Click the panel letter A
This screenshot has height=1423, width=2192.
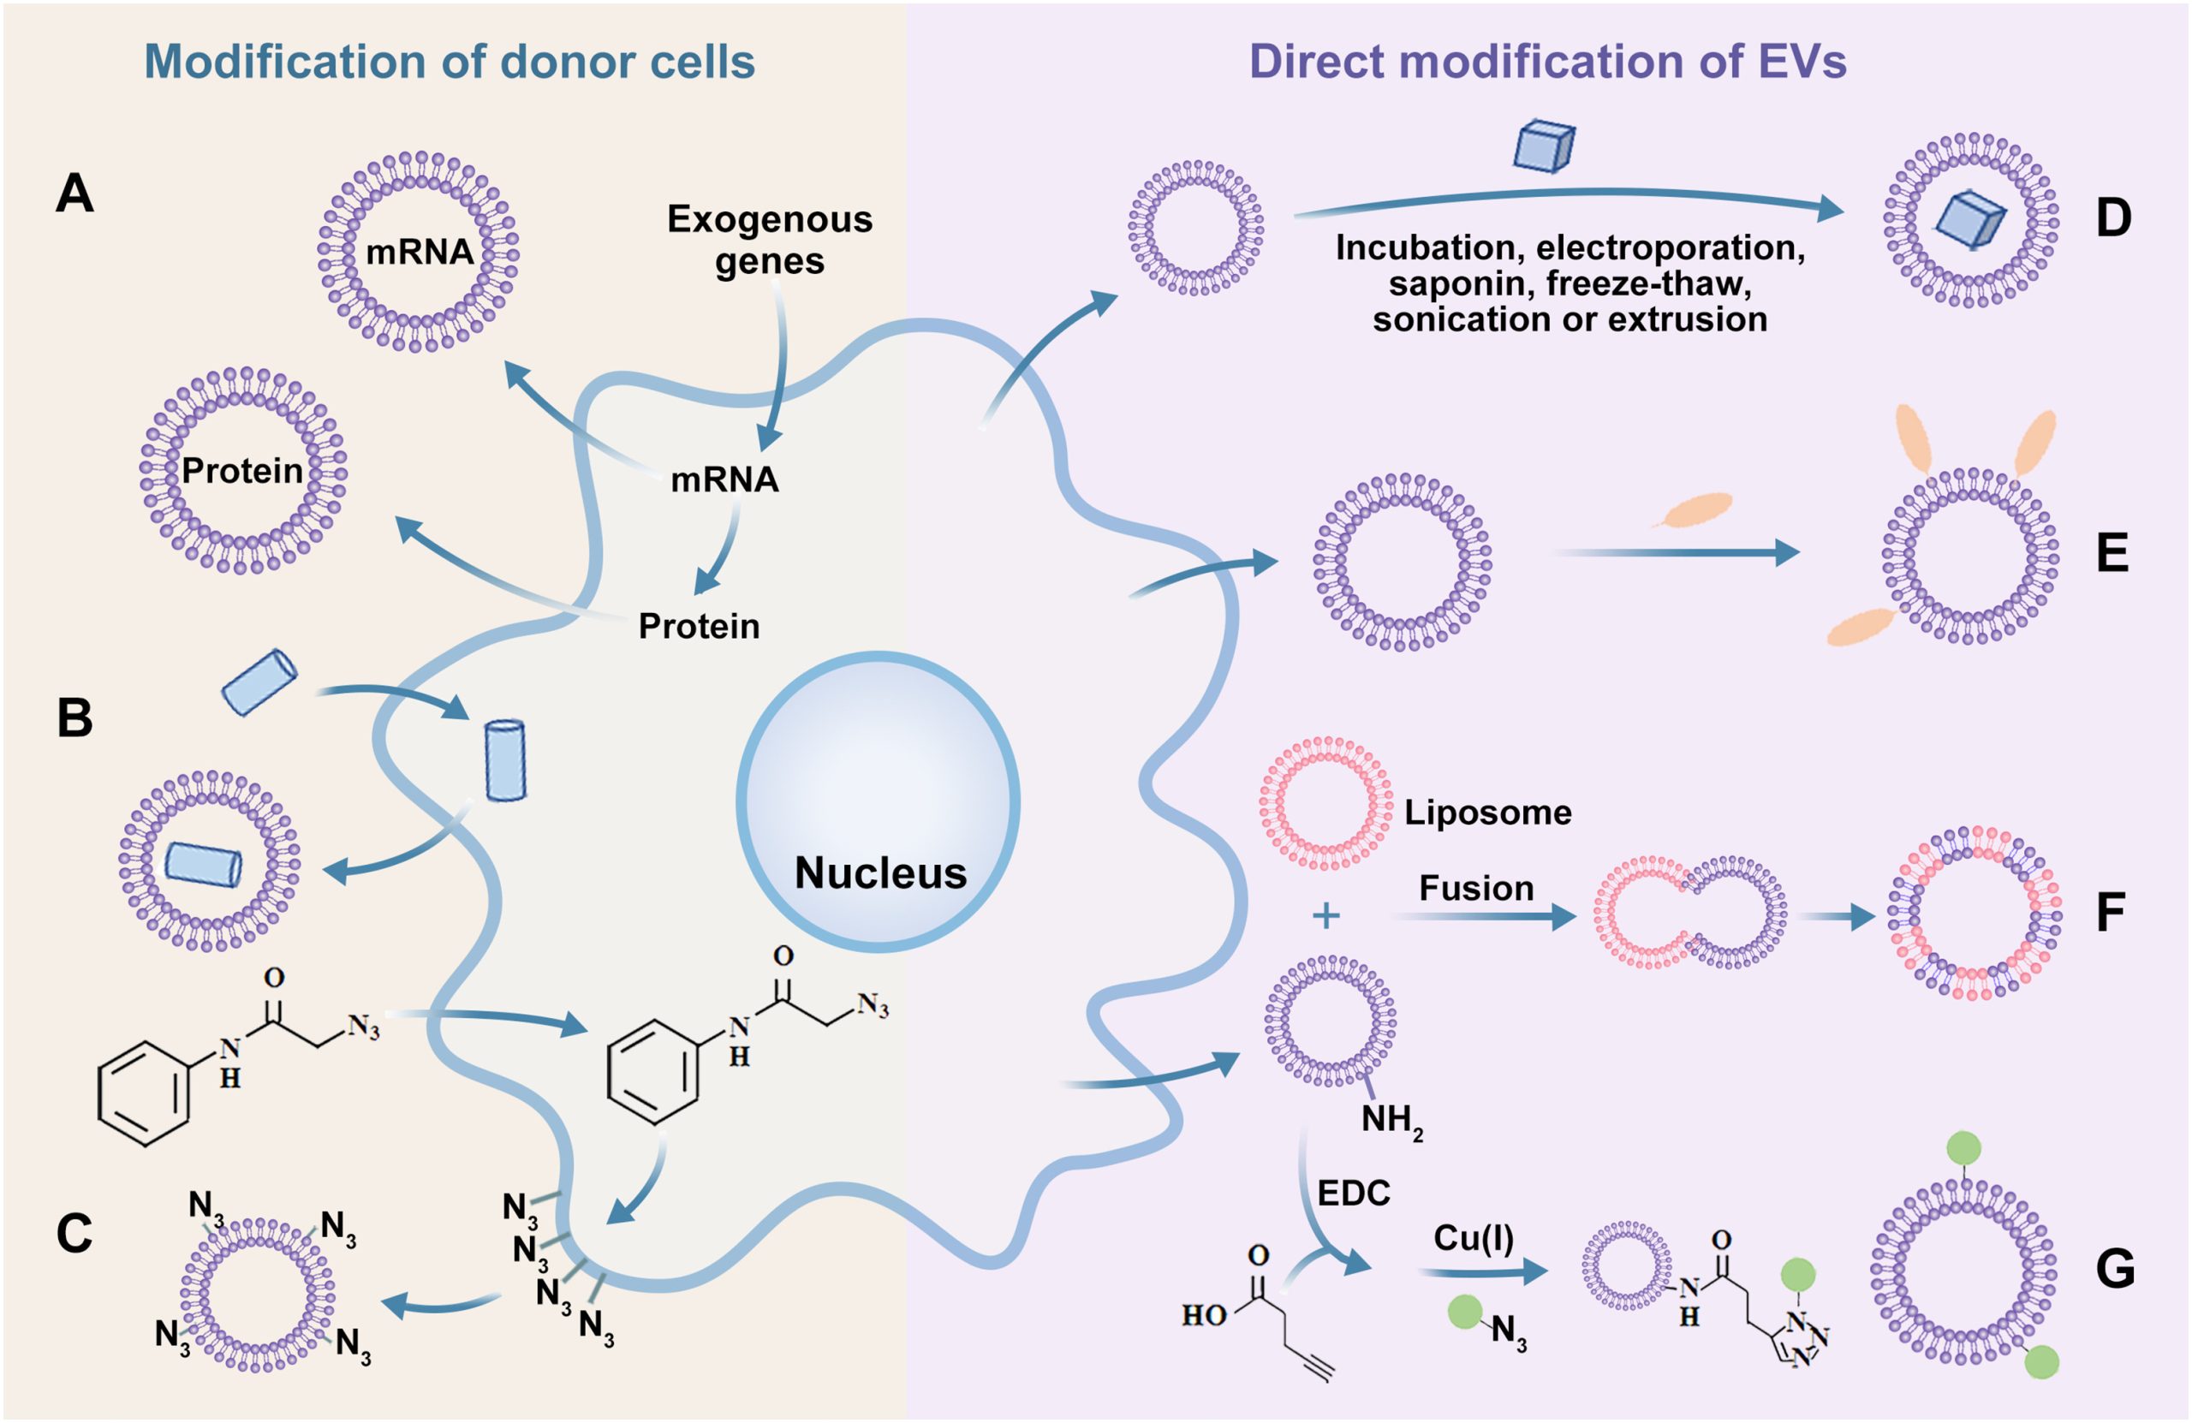pyautogui.click(x=74, y=194)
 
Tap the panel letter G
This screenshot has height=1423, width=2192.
pyautogui.click(x=2115, y=1269)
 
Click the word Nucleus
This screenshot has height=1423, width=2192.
pyautogui.click(x=879, y=872)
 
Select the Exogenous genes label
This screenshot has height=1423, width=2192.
pyautogui.click(x=769, y=240)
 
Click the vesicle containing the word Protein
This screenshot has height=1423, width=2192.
pyautogui.click(x=243, y=471)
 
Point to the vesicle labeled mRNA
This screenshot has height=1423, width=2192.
pyautogui.click(x=418, y=252)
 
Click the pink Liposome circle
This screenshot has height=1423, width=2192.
pyautogui.click(x=1325, y=803)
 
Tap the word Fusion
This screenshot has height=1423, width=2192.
pyautogui.click(x=1475, y=888)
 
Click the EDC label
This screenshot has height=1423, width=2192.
pyautogui.click(x=1353, y=1193)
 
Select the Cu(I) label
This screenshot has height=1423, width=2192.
pyautogui.click(x=1473, y=1238)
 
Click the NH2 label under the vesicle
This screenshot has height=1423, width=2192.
pyautogui.click(x=1391, y=1121)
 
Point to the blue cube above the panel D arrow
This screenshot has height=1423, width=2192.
pyautogui.click(x=1545, y=146)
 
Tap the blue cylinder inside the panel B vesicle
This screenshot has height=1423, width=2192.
pyautogui.click(x=204, y=864)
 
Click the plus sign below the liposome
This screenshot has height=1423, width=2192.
pyautogui.click(x=1325, y=915)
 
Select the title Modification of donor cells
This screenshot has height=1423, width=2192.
pyautogui.click(x=450, y=62)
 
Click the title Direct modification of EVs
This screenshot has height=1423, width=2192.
pyautogui.click(x=1547, y=62)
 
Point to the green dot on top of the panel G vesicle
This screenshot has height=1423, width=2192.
pyautogui.click(x=1963, y=1148)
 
